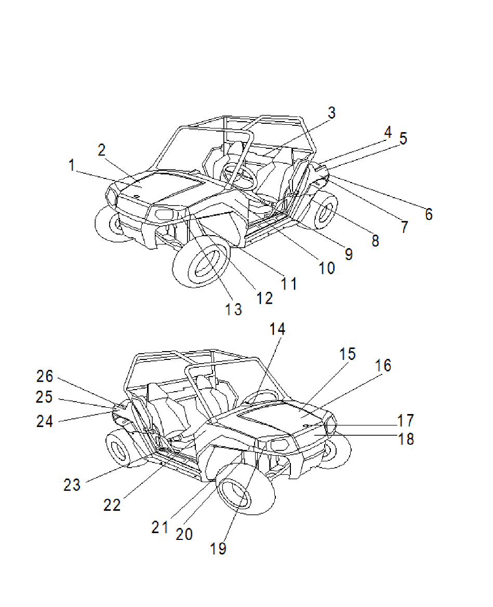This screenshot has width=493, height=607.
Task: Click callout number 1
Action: tap(72, 165)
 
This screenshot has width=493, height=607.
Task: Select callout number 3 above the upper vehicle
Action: tap(331, 112)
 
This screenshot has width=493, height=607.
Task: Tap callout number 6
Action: tap(428, 214)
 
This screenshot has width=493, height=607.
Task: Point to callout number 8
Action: tap(375, 240)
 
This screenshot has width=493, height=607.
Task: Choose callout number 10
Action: tap(327, 268)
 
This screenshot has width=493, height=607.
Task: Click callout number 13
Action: tap(233, 309)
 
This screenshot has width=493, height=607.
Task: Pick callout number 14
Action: tap(278, 329)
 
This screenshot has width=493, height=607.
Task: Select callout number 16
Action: tap(383, 366)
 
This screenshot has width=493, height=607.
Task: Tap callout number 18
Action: tap(406, 439)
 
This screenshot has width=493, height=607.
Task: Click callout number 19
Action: tap(219, 549)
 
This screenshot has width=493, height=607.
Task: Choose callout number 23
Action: tap(72, 485)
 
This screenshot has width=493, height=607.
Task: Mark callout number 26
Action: tap(45, 376)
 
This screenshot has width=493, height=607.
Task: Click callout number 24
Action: tap(45, 420)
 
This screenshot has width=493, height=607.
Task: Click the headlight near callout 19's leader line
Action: tap(278, 445)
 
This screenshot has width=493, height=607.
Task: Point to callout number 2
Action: tap(102, 150)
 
